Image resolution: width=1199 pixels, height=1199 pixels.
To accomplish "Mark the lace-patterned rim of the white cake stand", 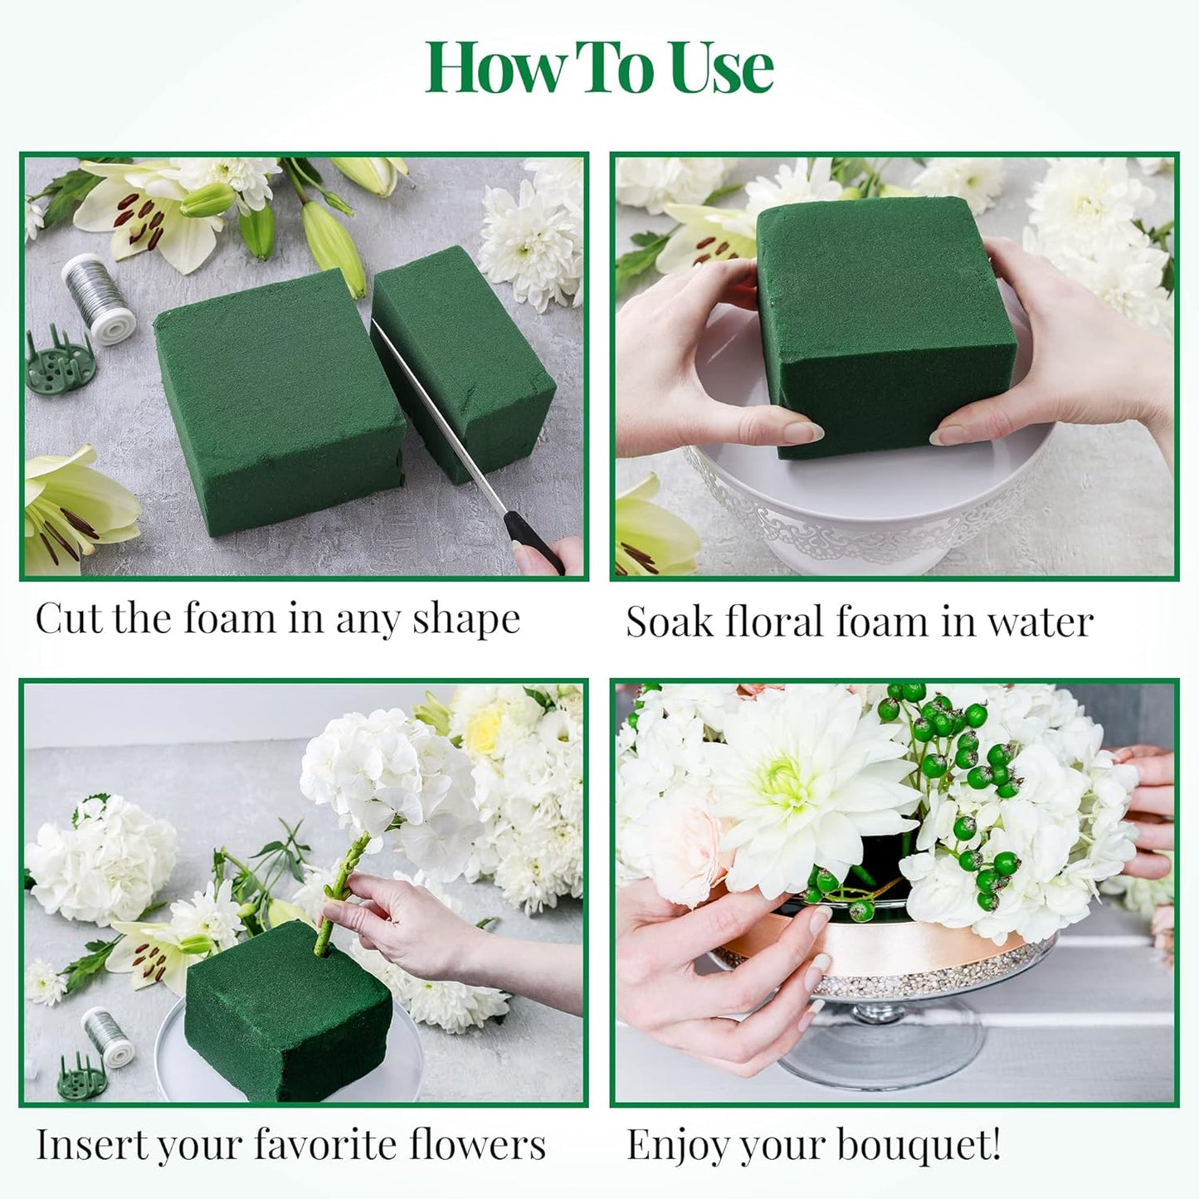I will click(830, 514).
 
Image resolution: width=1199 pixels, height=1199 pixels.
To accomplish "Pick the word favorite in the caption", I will click(327, 1145).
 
